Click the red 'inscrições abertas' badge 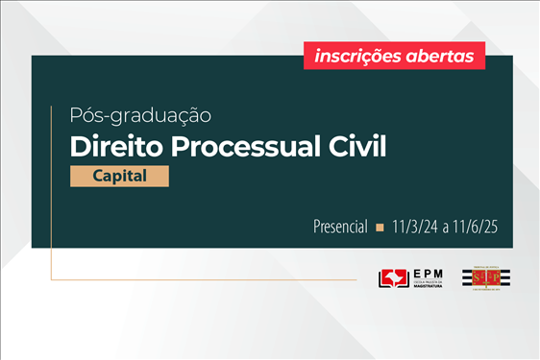(x=395, y=56)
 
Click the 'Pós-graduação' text (x=140, y=116)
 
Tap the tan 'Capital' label (x=119, y=177)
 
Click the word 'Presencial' (x=340, y=228)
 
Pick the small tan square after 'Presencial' (x=380, y=228)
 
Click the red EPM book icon (x=394, y=279)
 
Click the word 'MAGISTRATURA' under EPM (x=427, y=287)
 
